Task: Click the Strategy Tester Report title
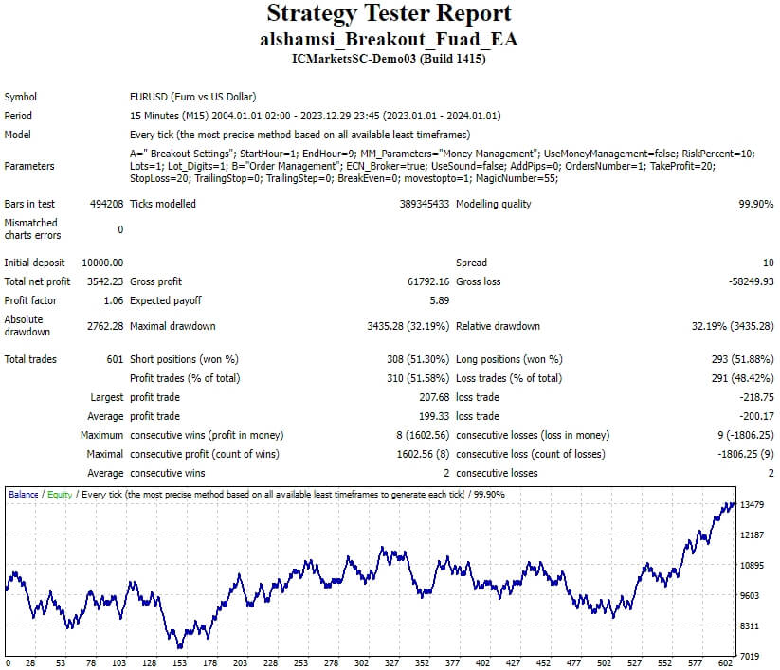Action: tap(390, 14)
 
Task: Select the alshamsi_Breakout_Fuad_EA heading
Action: tap(390, 40)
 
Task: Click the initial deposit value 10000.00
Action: tap(102, 263)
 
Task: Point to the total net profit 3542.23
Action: tap(104, 281)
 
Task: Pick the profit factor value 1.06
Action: tap(114, 300)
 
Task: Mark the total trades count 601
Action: tap(115, 359)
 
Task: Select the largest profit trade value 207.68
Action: tap(428, 397)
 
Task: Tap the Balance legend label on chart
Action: tap(25, 495)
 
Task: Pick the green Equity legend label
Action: tap(59, 495)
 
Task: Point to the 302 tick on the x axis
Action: tap(361, 663)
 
